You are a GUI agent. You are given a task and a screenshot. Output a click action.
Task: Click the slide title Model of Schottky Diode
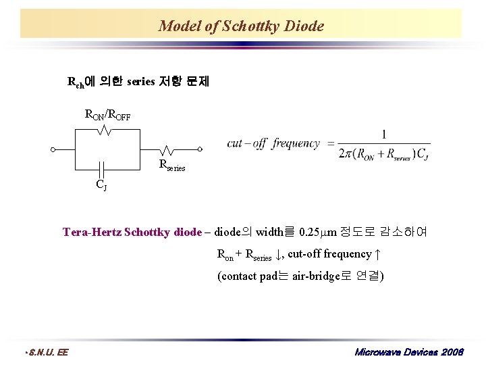(241, 26)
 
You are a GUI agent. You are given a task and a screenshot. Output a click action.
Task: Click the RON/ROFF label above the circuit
(107, 115)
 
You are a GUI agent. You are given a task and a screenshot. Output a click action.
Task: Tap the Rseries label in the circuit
(171, 165)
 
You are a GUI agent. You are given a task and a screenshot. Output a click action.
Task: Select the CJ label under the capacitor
(101, 184)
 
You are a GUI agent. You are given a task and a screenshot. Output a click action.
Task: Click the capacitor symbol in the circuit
(101, 167)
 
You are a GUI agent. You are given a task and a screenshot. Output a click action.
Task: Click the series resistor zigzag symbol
(166, 149)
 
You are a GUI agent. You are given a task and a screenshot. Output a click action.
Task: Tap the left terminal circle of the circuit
(53, 149)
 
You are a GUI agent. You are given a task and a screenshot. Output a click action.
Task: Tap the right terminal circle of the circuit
(200, 149)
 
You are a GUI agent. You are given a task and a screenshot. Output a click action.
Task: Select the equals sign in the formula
(330, 143)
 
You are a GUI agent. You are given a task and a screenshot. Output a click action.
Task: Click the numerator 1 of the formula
(384, 135)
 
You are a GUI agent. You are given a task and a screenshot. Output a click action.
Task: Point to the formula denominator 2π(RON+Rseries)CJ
(384, 154)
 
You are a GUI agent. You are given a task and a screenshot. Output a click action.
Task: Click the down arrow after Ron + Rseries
(279, 254)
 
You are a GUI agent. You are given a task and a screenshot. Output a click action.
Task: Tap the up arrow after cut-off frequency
(378, 254)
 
